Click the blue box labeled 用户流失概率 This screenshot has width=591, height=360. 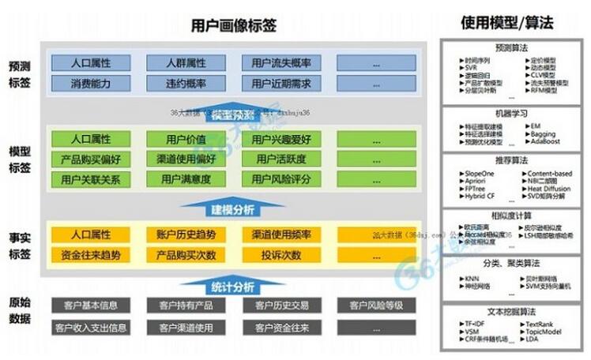click(276, 62)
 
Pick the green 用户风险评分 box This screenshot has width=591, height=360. click(276, 179)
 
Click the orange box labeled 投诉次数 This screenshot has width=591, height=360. click(276, 255)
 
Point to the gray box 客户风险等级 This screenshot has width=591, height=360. click(371, 305)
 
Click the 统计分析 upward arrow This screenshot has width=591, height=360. click(232, 283)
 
